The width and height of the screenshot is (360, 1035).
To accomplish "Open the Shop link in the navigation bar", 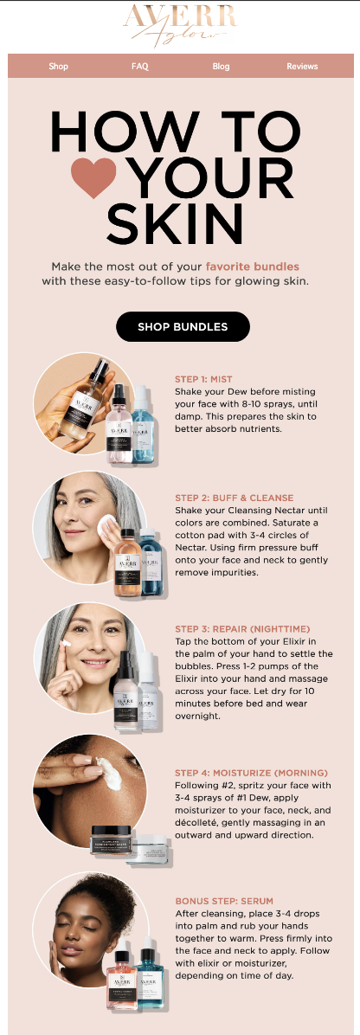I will (58, 66).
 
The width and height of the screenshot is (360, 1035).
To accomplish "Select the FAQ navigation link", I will (139, 66).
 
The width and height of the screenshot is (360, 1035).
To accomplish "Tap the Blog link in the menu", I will (221, 66).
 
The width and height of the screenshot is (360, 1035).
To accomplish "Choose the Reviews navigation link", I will (302, 66).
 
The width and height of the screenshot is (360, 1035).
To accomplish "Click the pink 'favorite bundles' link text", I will (252, 267).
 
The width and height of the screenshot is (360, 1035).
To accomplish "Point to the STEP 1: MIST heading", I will (203, 379).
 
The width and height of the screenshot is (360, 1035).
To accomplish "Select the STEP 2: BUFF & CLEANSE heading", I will (234, 498).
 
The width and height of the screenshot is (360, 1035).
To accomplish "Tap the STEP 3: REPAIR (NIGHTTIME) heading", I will (241, 628).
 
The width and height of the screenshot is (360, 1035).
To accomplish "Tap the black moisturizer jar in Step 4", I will (115, 839).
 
